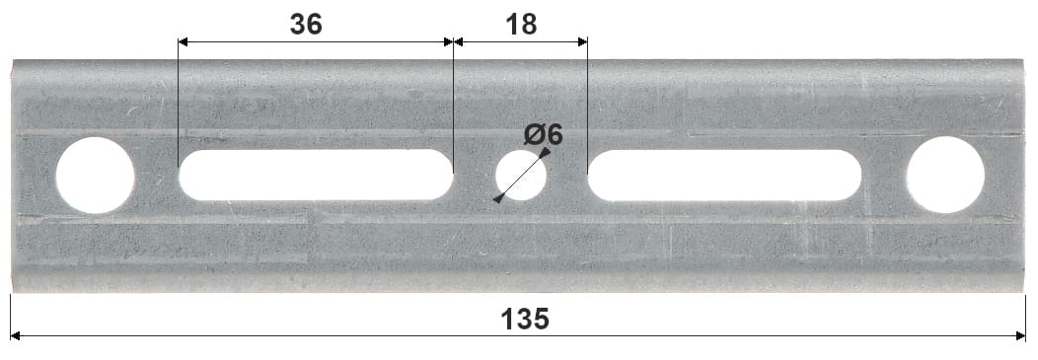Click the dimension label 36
point(306,24)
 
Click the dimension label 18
point(520,24)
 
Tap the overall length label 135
point(524,319)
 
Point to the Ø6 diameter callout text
point(544,134)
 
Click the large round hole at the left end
point(95,176)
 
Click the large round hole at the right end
point(945,175)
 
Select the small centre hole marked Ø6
point(520,176)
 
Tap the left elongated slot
point(316,175)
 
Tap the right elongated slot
point(724,175)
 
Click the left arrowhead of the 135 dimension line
point(16,336)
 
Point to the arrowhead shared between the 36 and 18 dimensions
point(453,41)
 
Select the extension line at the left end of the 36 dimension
point(179,108)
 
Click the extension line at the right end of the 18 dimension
point(587,108)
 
